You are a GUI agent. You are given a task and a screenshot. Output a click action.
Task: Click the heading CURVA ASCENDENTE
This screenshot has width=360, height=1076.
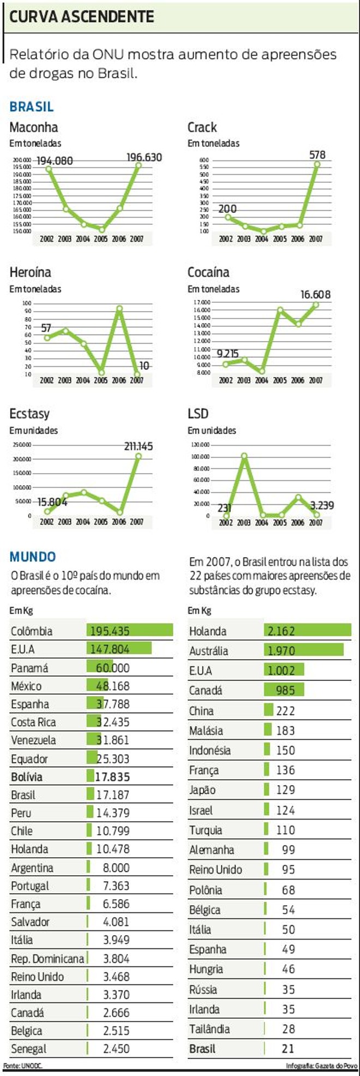pos(82,17)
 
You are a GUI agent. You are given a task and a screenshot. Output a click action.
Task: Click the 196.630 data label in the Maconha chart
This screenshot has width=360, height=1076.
pos(144,158)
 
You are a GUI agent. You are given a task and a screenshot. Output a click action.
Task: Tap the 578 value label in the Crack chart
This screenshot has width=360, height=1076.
pos(317,155)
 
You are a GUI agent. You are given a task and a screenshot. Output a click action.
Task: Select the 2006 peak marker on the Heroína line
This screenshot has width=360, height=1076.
pos(119,309)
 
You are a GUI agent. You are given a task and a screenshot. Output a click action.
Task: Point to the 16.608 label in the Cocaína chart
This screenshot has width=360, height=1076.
pos(315,295)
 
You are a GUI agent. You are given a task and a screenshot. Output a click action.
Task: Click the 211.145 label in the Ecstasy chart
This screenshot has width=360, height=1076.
pos(138,446)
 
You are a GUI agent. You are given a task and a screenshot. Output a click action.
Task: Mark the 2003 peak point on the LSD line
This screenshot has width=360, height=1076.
pos(244,456)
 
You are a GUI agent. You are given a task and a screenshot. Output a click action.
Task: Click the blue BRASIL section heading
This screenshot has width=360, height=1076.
pos(32,107)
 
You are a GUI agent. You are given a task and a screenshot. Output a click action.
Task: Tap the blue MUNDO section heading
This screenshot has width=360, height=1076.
pos(33,557)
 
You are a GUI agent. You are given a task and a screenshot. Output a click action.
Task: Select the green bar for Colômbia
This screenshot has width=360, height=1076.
pos(129,631)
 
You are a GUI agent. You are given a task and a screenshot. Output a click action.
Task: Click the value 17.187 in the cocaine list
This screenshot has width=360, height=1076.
pos(113,795)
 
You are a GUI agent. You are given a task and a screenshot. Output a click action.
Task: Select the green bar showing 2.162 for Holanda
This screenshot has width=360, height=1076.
pos(307,631)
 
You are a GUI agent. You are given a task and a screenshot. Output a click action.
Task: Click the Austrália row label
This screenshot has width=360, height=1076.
pos(208,651)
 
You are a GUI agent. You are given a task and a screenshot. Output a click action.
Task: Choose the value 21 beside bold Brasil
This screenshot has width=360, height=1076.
pos(288,1049)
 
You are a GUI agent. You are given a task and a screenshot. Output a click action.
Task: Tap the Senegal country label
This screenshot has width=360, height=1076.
pos(28,1049)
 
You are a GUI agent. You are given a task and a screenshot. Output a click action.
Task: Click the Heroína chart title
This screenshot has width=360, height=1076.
pos(30,272)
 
